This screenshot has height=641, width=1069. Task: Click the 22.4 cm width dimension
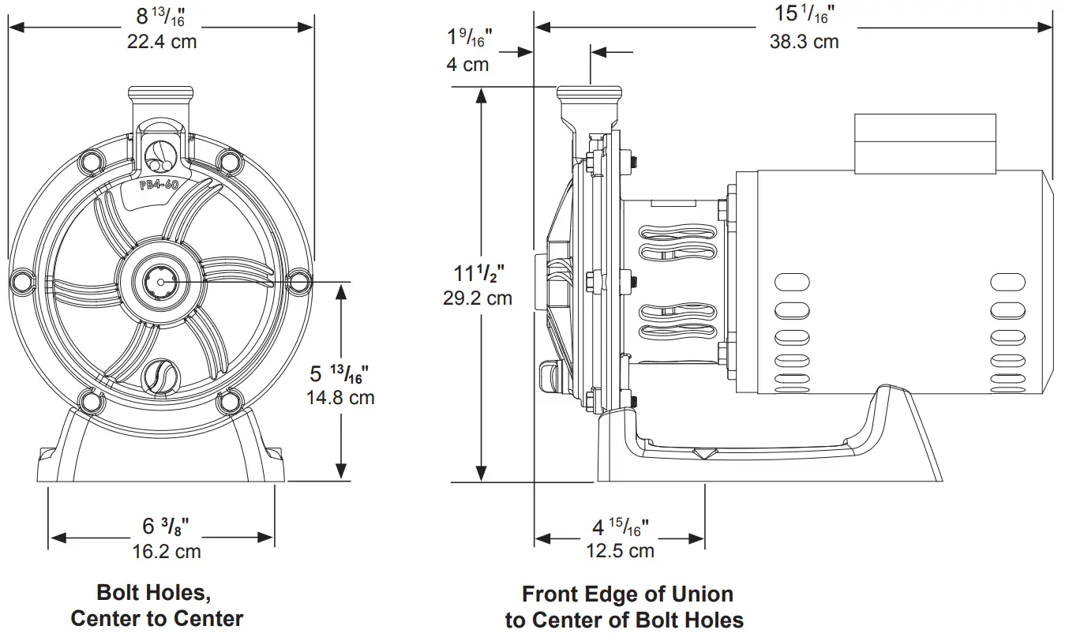tap(162, 42)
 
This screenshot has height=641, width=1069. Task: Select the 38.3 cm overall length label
tap(804, 42)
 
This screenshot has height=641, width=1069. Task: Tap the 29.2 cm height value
tap(477, 298)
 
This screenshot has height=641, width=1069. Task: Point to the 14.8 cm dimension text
tap(340, 397)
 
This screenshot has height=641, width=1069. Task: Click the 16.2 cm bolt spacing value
tap(166, 551)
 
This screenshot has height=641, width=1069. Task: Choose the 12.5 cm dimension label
tap(620, 550)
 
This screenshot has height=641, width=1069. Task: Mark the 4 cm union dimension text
tap(467, 64)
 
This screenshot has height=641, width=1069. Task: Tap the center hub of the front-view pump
tap(161, 281)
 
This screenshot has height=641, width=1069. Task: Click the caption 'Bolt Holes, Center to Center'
tap(156, 605)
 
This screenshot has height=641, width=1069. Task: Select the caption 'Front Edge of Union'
tap(627, 594)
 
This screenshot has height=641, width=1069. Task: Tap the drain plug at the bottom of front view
tap(161, 373)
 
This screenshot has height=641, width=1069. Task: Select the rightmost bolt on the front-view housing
tap(298, 280)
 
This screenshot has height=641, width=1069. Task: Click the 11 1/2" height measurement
tap(478, 274)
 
